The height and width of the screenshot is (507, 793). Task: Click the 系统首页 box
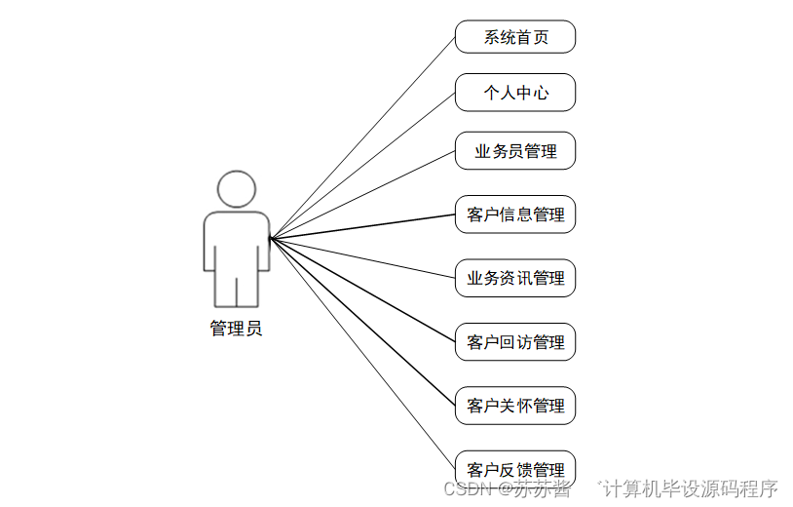point(515,37)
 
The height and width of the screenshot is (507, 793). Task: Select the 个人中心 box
point(515,93)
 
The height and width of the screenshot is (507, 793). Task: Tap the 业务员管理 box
point(515,151)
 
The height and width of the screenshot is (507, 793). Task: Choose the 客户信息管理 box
point(515,214)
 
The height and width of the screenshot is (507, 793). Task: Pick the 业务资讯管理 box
point(515,278)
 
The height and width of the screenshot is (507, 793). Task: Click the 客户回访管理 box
point(515,342)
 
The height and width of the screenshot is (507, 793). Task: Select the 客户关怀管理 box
point(515,406)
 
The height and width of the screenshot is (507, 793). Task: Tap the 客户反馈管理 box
point(515,468)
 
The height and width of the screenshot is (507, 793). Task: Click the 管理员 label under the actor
point(236,329)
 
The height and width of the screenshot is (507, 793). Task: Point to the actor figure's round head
point(237,189)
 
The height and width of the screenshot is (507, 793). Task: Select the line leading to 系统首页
point(362,137)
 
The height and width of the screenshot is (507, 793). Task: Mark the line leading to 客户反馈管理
point(362,352)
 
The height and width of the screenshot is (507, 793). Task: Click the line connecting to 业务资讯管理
point(362,257)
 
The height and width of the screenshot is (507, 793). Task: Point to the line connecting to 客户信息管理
point(362,226)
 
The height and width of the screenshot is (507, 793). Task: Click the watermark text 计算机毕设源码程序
point(691,488)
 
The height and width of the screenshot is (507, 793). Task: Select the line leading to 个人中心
point(362,165)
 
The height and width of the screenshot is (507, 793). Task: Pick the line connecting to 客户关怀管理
point(362,321)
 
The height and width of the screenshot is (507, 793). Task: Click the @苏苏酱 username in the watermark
point(535,488)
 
